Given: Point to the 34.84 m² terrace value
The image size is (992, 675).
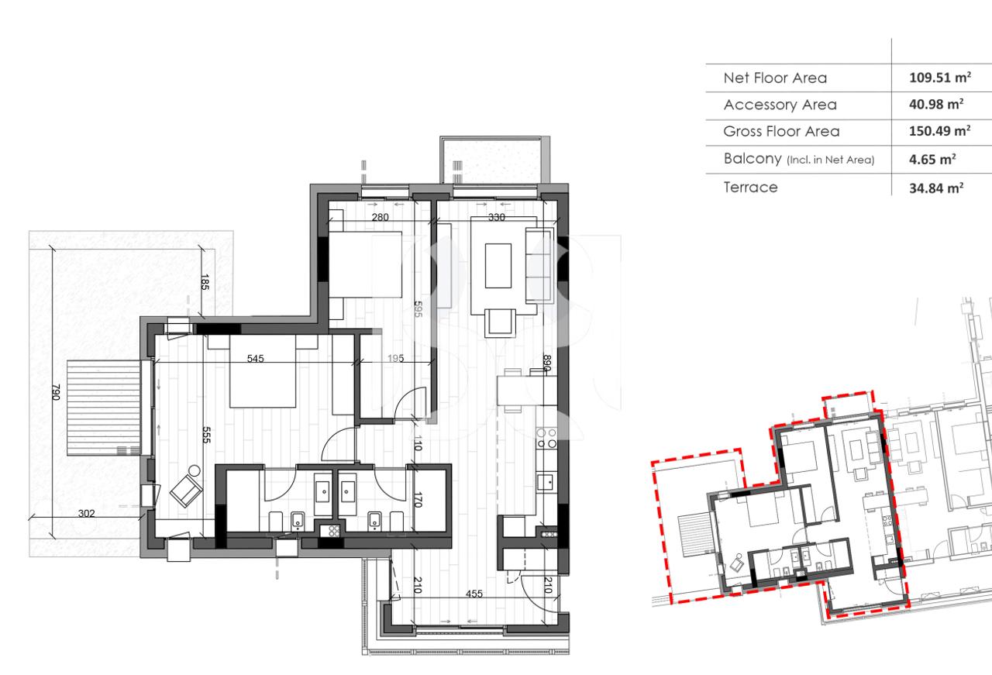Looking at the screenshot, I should pos(936,188).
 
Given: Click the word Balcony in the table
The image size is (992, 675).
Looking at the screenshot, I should pos(752,159).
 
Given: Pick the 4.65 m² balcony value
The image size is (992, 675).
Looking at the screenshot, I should pos(932,160).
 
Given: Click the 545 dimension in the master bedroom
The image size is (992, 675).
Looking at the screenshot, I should pos(255,359).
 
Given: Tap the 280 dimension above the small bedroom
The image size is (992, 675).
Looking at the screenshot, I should pos(380,218).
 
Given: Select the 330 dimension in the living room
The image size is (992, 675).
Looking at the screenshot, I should pos(495,218).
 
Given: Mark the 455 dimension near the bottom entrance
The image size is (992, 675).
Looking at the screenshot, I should pos(474,594).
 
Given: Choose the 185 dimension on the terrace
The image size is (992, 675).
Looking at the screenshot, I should pos(205,282).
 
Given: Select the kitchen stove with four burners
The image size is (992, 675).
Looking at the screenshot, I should pos(547,438).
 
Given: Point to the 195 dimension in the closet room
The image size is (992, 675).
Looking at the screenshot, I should pos(395,359).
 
